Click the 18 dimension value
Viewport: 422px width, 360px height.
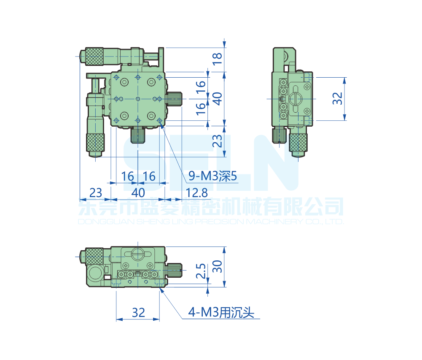coord(217,59)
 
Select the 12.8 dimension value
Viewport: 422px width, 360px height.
coord(197,193)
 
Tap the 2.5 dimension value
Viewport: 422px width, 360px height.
coord(201,271)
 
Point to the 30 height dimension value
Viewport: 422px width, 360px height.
coord(217,266)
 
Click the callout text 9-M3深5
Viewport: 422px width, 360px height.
coord(212,176)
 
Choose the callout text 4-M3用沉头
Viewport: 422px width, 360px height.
coord(221,313)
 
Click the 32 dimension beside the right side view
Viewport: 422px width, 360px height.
coord(338,98)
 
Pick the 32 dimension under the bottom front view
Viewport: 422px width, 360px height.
coord(138,313)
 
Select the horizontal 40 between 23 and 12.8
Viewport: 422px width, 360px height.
coord(138,193)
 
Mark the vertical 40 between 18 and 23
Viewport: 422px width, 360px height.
coord(217,99)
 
